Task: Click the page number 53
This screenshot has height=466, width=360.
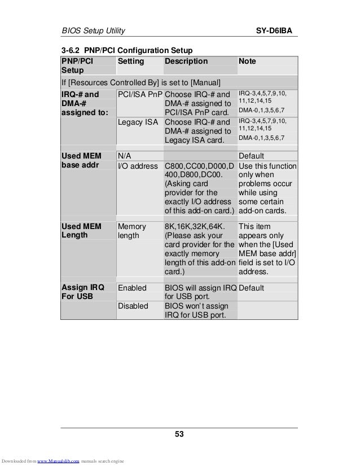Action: (179, 434)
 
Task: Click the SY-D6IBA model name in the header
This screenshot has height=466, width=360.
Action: (277, 29)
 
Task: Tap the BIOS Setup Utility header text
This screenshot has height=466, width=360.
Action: (93, 29)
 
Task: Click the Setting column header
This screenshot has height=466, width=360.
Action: (131, 61)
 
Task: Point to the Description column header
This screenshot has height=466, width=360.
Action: (186, 61)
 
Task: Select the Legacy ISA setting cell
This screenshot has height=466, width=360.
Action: (137, 122)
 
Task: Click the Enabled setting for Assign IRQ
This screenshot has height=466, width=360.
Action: (131, 288)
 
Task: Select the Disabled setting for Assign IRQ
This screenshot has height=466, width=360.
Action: (133, 306)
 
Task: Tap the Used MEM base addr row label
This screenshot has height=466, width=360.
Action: (81, 161)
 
